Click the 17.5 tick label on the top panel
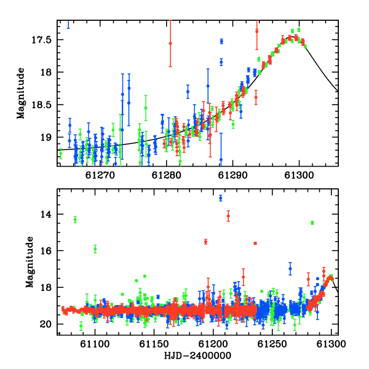[x=41, y=40]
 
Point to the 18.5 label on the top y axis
[x=41, y=105]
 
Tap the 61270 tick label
[x=100, y=175]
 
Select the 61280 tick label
[x=167, y=175]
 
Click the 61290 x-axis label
[x=232, y=175]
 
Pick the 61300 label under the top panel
[x=299, y=175]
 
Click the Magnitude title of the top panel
[x=21, y=93]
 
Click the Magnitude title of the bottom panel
[x=30, y=262]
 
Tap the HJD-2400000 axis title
[x=197, y=355]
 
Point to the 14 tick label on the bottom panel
[x=46, y=215]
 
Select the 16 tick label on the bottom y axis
[x=46, y=251]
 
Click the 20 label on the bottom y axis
[x=46, y=325]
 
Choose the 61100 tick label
[x=95, y=344]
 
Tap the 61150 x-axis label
[x=154, y=344]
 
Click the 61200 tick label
[x=213, y=344]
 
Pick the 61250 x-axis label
[x=272, y=344]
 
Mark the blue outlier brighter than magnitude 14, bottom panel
[x=221, y=198]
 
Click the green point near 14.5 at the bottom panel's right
[x=312, y=223]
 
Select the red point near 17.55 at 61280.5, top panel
[x=170, y=43]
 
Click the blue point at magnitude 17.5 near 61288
[x=221, y=41]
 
